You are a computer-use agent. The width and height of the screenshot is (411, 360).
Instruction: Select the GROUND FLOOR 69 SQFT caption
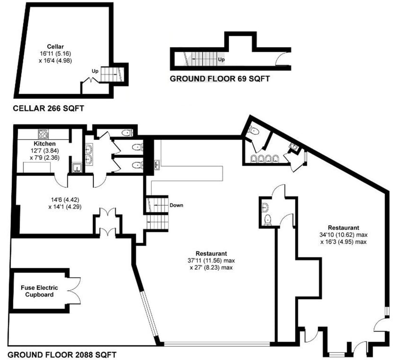pyautogui.click(x=219, y=78)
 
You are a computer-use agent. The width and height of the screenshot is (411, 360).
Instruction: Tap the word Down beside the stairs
pyautogui.click(x=176, y=206)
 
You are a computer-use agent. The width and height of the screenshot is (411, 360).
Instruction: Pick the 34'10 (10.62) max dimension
pyautogui.click(x=344, y=234)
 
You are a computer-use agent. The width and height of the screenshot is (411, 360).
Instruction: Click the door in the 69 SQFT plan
pyautogui.click(x=283, y=60)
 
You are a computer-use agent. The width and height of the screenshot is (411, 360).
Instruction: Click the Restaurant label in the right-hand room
pyautogui.click(x=344, y=228)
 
